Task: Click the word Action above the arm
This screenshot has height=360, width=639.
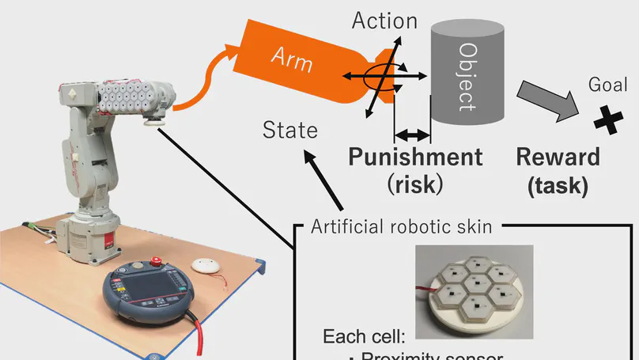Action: click(x=384, y=21)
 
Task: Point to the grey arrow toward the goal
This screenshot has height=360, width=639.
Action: click(x=546, y=101)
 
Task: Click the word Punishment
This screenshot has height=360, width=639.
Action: click(x=415, y=156)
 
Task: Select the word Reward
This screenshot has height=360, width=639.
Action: click(x=558, y=156)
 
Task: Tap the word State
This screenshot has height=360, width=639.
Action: click(x=290, y=129)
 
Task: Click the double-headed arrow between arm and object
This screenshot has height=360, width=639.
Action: click(x=411, y=135)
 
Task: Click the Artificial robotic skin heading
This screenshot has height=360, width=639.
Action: click(x=402, y=226)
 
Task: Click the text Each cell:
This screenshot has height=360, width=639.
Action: click(x=375, y=336)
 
